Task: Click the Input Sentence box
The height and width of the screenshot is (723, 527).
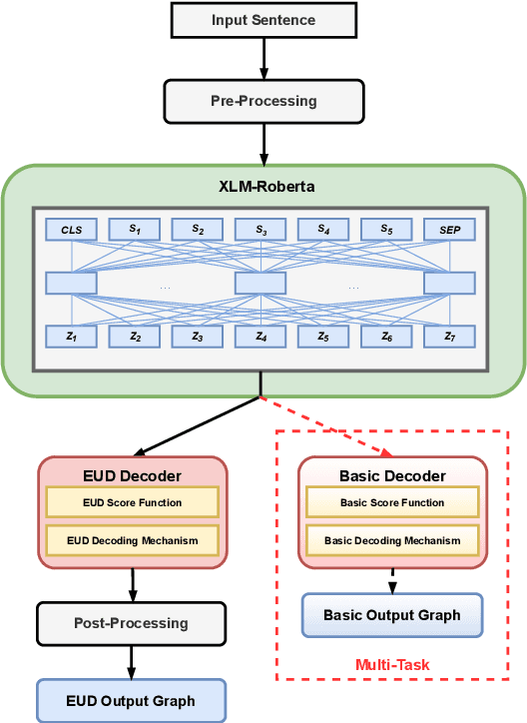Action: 263,20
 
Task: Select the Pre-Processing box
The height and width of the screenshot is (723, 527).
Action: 263,101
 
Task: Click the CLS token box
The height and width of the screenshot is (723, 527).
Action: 72,230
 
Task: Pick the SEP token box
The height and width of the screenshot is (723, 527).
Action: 450,230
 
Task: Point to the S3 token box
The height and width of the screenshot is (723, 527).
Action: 261,230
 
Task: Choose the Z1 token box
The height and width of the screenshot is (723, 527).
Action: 72,337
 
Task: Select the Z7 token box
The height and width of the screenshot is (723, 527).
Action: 450,337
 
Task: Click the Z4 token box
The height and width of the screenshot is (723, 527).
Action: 261,337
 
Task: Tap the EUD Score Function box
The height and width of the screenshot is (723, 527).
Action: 132,502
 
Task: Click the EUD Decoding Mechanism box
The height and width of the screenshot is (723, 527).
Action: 132,541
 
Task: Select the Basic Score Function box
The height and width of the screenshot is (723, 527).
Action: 392,502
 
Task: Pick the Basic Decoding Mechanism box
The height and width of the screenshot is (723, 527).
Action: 392,541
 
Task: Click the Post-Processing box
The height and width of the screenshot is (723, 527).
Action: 131,623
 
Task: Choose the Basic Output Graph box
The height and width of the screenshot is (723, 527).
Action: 392,615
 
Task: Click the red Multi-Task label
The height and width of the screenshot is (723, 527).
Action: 391,664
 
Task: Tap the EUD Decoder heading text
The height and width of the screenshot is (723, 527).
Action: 132,474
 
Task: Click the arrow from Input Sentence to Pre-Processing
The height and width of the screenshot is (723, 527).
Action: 263,59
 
